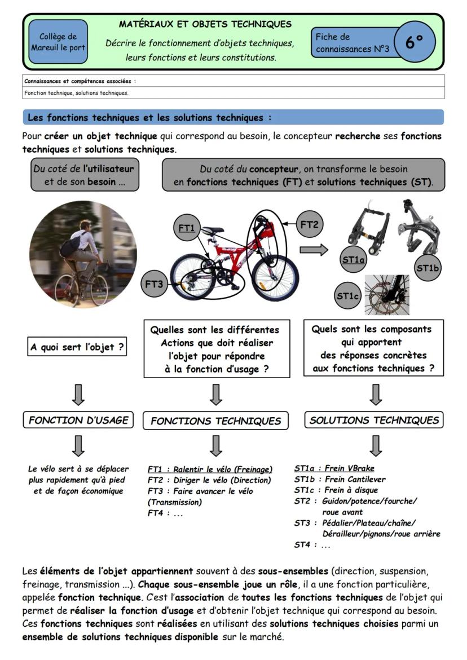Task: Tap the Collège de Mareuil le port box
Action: [58, 42]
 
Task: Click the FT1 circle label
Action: [186, 228]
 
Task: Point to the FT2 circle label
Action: [309, 225]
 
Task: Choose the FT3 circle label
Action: [154, 284]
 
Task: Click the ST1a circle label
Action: [354, 259]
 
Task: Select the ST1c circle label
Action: [348, 295]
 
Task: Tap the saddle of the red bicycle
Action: [213, 230]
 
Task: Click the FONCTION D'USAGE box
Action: [78, 420]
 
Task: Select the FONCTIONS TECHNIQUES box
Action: [215, 420]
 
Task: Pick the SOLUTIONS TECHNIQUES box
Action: [374, 420]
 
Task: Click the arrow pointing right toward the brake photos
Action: [314, 250]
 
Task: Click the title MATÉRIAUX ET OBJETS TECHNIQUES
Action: [205, 24]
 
